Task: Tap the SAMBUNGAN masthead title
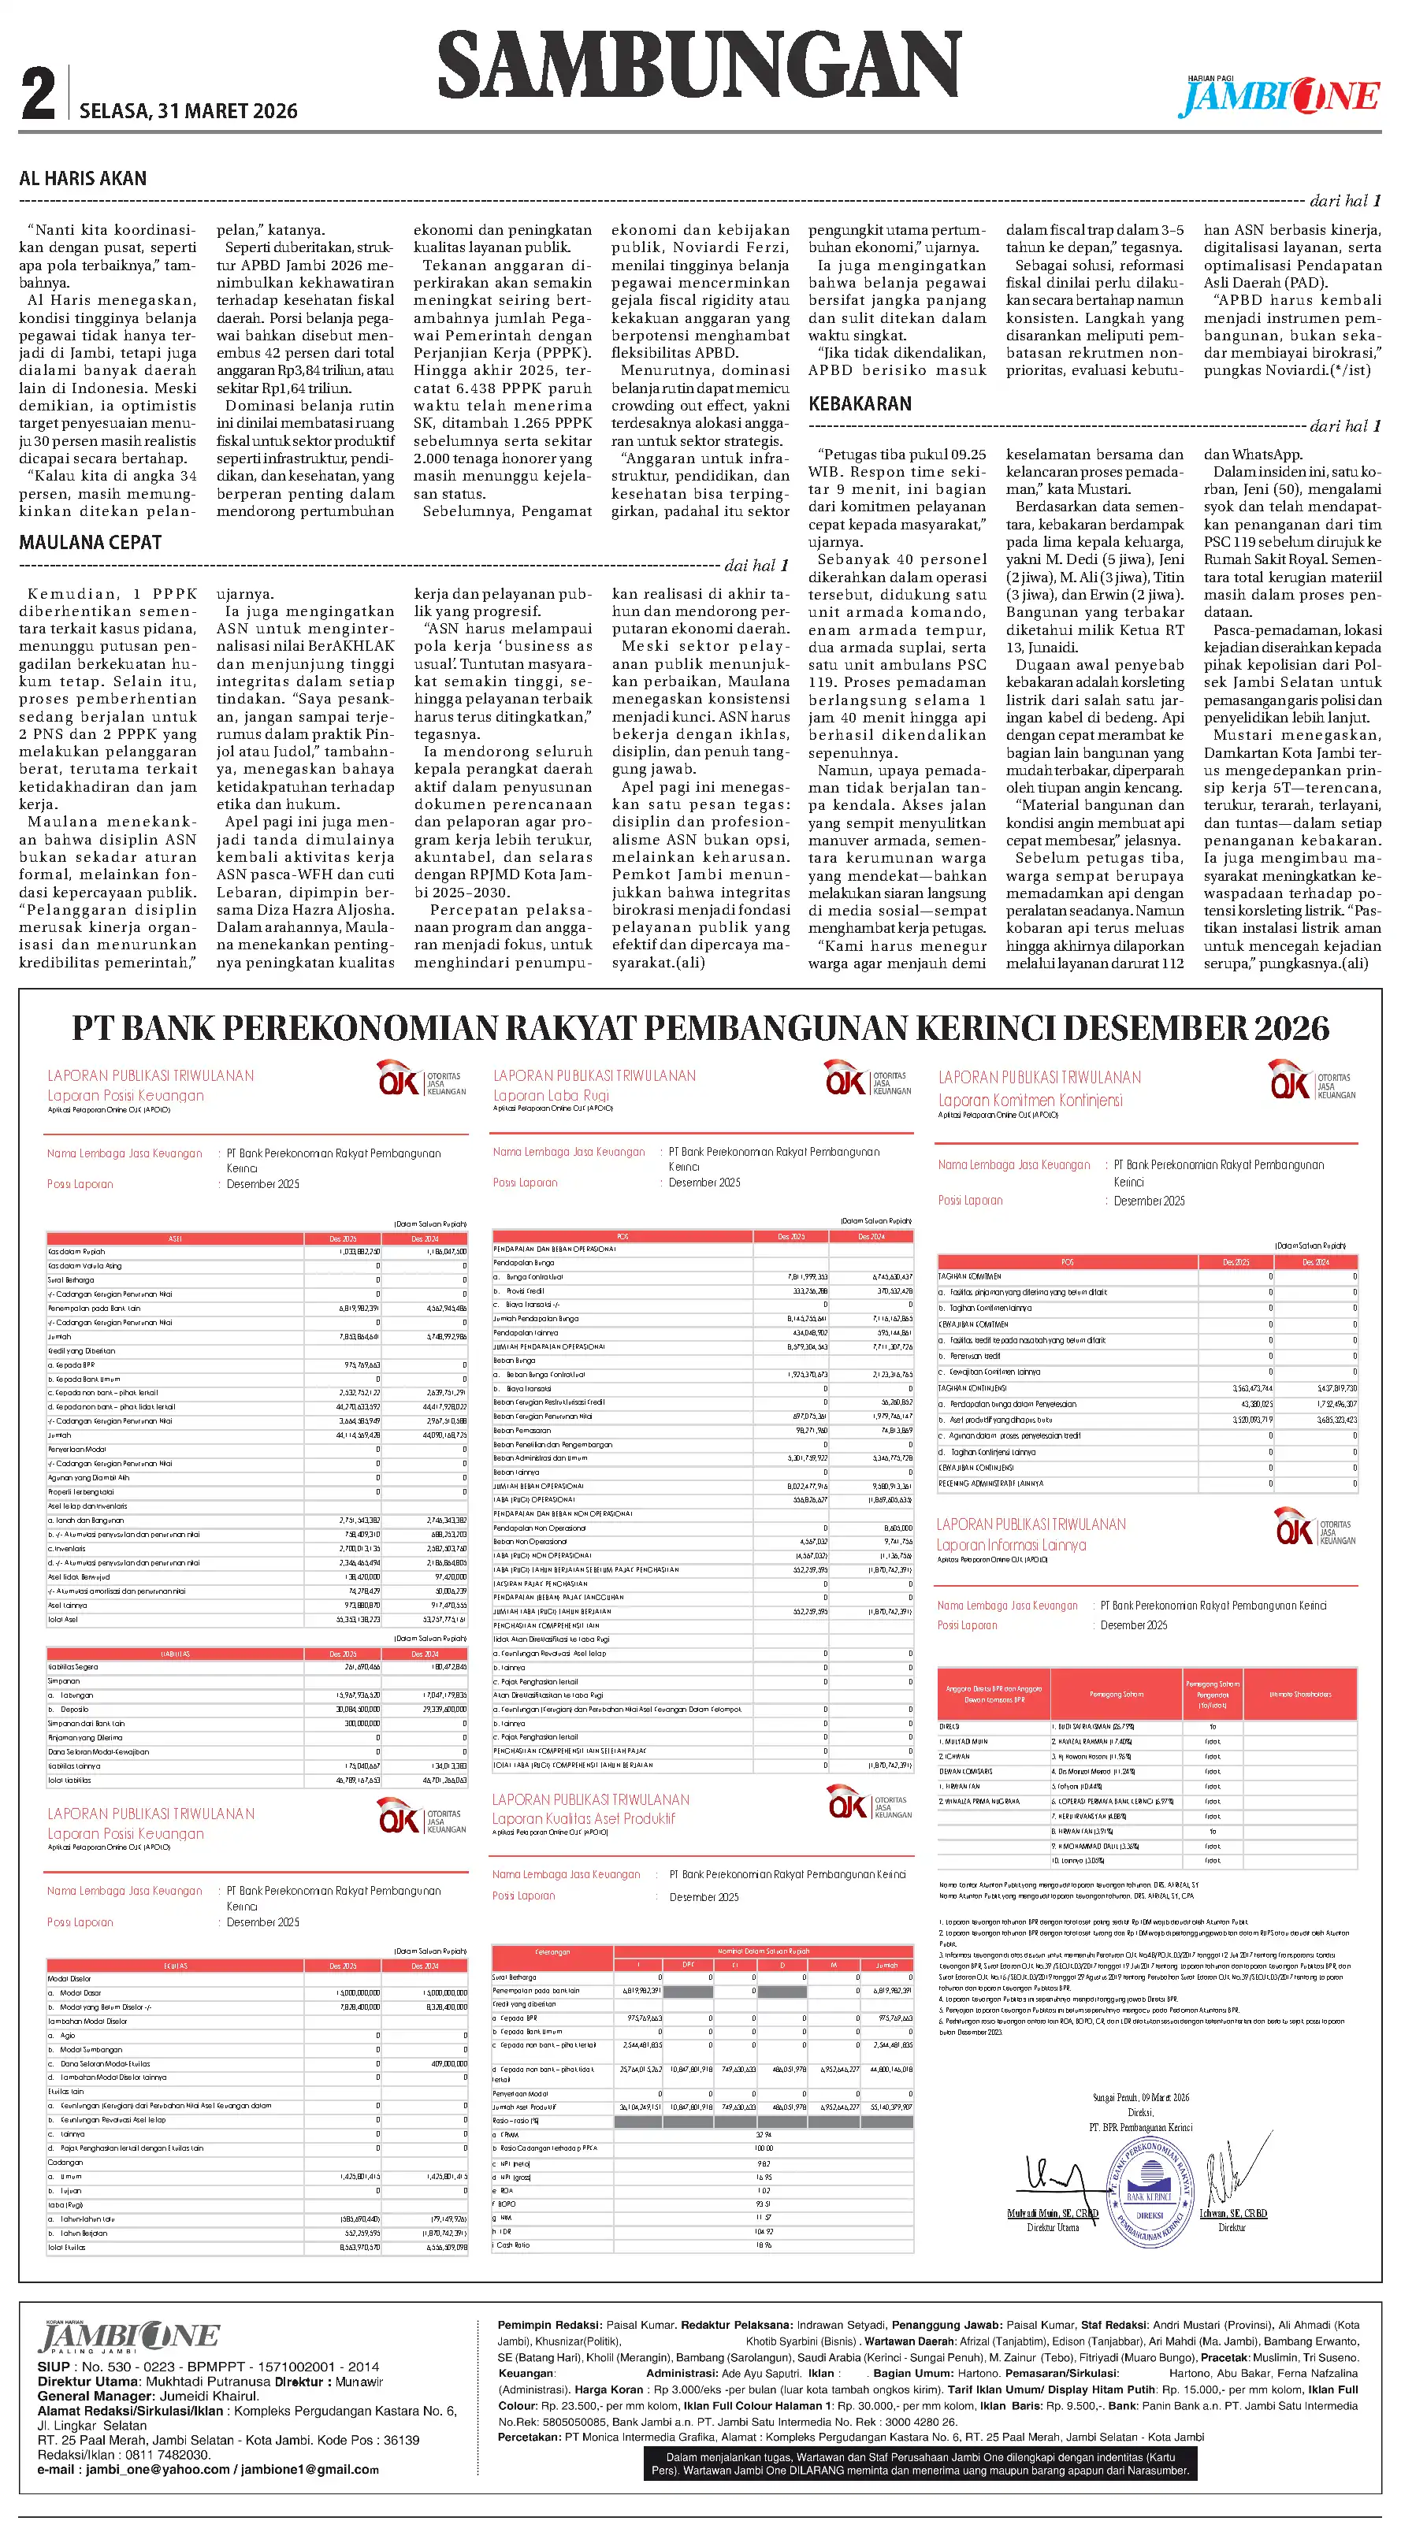point(698,65)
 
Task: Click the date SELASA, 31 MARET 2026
point(188,111)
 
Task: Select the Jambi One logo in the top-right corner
point(1279,95)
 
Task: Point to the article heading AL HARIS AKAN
point(83,178)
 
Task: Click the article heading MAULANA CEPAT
point(90,543)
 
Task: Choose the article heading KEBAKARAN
point(860,403)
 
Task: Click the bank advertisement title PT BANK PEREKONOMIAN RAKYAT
point(700,1028)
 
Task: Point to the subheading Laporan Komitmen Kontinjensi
point(1029,1101)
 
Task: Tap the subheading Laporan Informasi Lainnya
point(1011,1546)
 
